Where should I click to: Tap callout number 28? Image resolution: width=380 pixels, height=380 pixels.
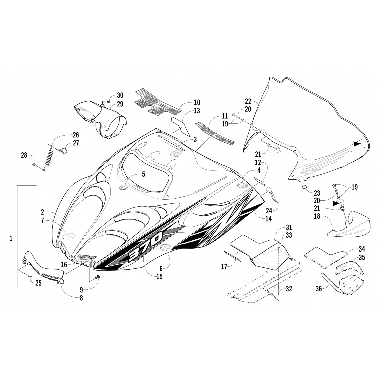point(24,155)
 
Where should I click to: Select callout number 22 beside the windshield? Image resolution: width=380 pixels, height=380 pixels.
point(248,101)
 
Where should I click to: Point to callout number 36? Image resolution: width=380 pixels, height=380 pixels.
point(319,288)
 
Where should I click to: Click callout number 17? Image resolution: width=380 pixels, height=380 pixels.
point(224,267)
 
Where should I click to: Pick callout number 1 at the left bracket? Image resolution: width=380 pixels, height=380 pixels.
point(11,238)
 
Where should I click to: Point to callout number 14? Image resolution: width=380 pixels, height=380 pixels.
point(268,218)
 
